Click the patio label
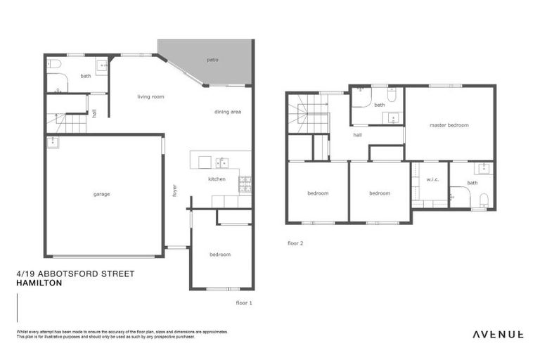tap(212, 60)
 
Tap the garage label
tap(102, 194)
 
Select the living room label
tap(150, 97)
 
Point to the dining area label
tap(228, 112)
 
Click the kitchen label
tap(217, 180)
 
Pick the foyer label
tap(174, 191)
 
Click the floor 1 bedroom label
tap(220, 255)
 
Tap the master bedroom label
tap(449, 125)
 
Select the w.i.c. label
tap(432, 179)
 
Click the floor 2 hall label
tap(357, 134)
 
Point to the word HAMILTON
tap(39, 283)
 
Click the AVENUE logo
tap(497, 335)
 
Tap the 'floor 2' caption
tap(295, 243)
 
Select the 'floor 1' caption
tap(243, 302)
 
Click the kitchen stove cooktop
tap(245, 184)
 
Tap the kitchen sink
tap(222, 163)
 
